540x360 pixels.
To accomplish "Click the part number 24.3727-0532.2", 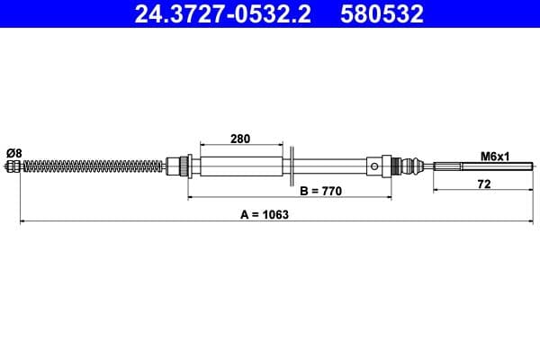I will tap(217, 14).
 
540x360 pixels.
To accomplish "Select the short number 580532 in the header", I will tap(382, 14).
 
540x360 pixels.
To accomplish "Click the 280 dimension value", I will tap(239, 139).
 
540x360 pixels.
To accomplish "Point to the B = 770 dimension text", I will tap(321, 193).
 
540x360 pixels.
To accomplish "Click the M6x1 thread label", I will tap(493, 156).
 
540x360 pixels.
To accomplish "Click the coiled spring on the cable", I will tap(90, 166).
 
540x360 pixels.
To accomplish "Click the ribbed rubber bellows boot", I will tap(413, 166).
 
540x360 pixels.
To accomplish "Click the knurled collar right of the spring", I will tap(184, 166).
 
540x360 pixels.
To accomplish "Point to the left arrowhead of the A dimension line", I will tap(22, 221).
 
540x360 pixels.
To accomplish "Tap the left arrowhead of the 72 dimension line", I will tap(436, 190).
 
